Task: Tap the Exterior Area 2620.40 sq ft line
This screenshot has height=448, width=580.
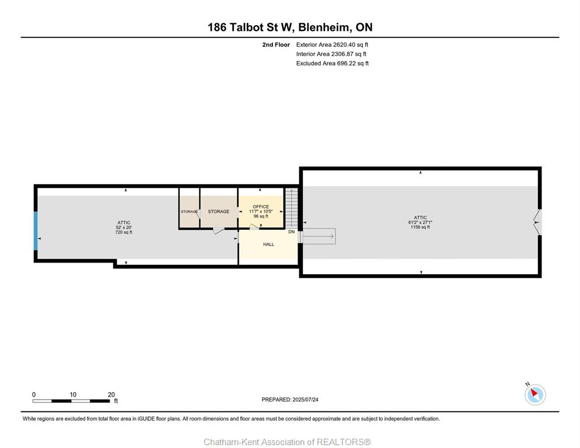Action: click(332, 45)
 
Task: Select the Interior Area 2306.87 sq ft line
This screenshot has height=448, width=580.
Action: click(331, 54)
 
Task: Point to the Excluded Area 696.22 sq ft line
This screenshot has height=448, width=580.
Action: click(332, 63)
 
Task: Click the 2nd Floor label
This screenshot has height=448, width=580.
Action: click(276, 45)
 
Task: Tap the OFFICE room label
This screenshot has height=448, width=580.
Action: click(261, 207)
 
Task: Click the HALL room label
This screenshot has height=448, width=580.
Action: click(268, 244)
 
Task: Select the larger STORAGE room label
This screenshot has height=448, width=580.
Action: click(219, 212)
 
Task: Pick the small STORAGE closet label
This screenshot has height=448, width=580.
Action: click(189, 212)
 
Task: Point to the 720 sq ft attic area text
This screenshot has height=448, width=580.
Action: click(124, 232)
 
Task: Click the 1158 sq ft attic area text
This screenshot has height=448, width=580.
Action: click(420, 227)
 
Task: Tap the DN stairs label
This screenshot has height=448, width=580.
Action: click(292, 232)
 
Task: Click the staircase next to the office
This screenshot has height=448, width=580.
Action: click(292, 208)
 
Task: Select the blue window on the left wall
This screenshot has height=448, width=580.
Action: click(36, 231)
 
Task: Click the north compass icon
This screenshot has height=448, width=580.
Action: click(535, 394)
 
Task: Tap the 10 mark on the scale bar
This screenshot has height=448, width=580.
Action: click(73, 395)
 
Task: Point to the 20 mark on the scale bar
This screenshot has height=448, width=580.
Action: click(111, 395)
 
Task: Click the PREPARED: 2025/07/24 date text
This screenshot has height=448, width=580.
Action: click(290, 400)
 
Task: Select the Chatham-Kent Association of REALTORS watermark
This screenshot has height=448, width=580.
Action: click(287, 442)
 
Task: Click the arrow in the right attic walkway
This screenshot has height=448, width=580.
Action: click(319, 236)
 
